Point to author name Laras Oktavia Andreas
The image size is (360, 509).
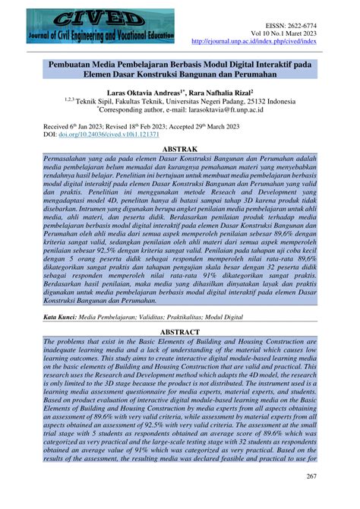141,93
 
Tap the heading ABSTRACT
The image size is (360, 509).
179,332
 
